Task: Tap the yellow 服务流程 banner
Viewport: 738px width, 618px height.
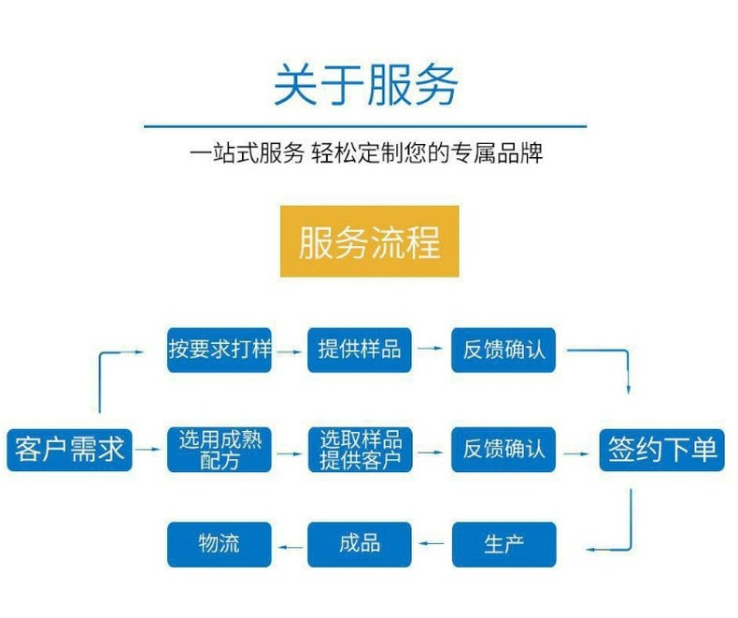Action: pos(369,241)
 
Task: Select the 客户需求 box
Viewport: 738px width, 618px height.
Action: pos(69,450)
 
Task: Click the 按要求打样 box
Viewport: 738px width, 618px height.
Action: pos(220,350)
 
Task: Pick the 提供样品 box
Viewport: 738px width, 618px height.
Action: pos(360,350)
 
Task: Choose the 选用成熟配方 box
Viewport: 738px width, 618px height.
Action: pos(220,450)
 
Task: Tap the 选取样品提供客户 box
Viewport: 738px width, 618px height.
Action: pos(360,450)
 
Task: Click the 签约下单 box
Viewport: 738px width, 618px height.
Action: pos(662,450)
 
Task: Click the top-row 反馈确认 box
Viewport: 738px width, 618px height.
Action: pos(504,350)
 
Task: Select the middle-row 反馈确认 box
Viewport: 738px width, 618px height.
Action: pos(504,450)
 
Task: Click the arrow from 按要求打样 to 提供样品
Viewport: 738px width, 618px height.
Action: pos(290,351)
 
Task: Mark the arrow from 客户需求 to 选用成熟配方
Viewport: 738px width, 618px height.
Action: pos(148,451)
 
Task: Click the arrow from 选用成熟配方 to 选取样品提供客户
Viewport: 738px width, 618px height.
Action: pos(290,451)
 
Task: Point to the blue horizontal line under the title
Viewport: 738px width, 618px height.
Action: pos(365,125)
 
